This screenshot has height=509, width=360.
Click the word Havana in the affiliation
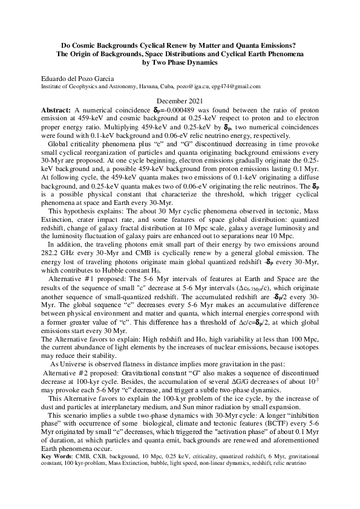coord(149,87)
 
